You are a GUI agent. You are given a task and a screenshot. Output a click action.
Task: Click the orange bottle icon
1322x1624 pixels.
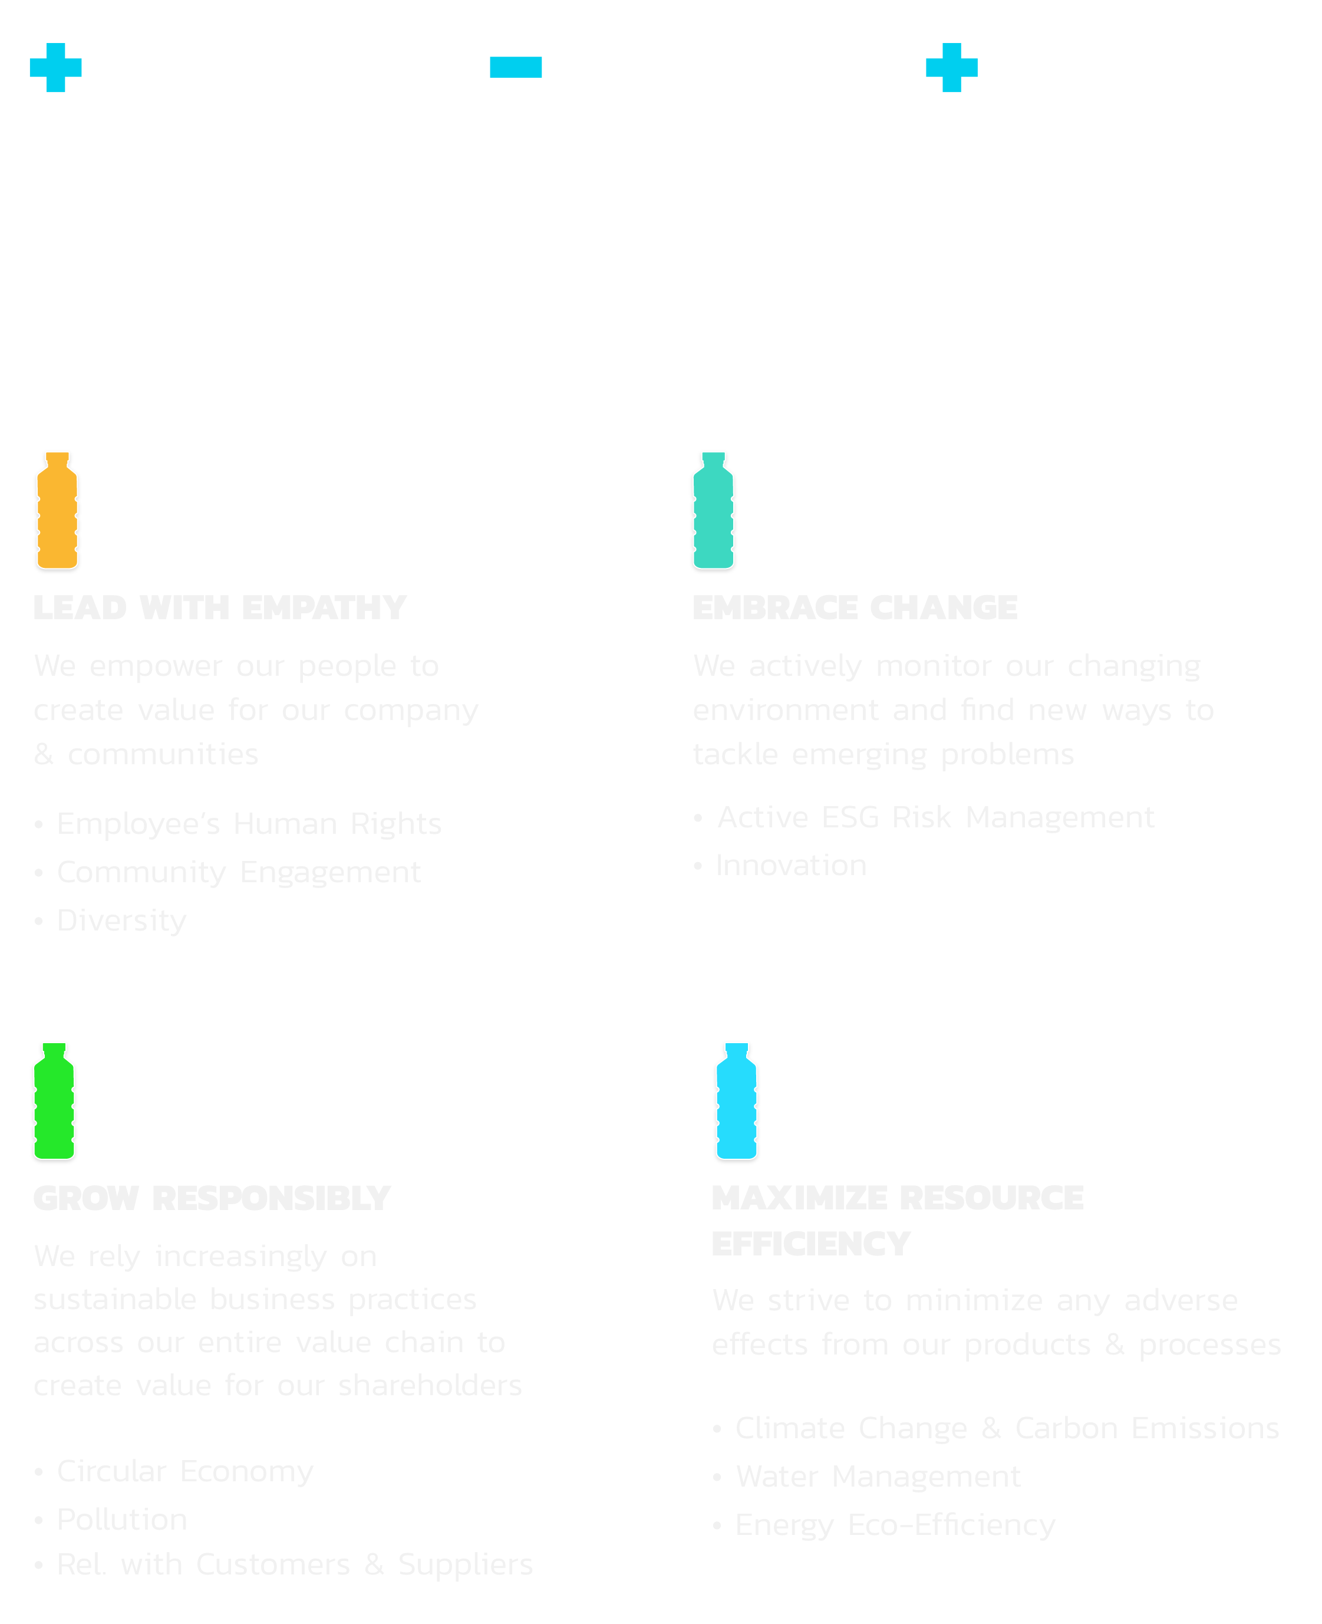57,510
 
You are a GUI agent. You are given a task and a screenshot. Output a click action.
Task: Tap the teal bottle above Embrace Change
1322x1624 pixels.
713,510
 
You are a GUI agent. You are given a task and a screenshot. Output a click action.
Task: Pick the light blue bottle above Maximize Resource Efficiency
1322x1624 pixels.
736,1101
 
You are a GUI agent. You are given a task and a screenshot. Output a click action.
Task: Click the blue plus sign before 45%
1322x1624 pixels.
55,68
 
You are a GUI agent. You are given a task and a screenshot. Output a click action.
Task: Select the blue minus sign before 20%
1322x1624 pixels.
516,68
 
